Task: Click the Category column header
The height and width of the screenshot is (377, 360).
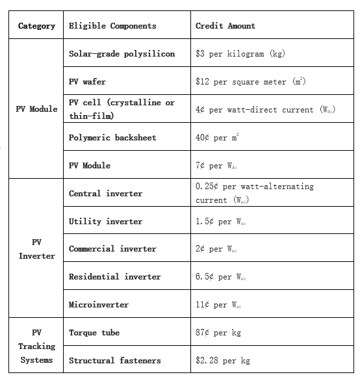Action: click(36, 26)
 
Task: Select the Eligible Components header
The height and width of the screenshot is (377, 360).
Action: click(112, 26)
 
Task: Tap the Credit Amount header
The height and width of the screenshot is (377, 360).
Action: click(225, 26)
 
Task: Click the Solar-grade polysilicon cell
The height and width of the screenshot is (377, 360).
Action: click(122, 54)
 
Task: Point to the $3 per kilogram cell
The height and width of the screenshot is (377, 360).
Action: click(240, 54)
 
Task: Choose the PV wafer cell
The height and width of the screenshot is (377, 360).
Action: click(87, 82)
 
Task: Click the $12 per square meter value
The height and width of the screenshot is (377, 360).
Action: click(250, 82)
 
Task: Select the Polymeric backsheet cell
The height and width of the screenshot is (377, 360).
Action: click(112, 138)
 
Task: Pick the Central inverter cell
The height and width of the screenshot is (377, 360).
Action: click(105, 193)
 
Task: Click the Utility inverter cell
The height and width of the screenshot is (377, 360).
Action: click(105, 221)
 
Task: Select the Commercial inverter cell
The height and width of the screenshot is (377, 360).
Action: click(112, 249)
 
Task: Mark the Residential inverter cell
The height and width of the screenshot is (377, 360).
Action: click(114, 277)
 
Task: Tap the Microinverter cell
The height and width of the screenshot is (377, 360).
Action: click(99, 305)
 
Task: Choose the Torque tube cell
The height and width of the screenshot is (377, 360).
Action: click(94, 333)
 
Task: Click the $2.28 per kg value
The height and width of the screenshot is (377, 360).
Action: click(223, 361)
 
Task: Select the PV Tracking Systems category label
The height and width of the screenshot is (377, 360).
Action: click(36, 346)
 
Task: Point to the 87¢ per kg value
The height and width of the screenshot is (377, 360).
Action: click(218, 333)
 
